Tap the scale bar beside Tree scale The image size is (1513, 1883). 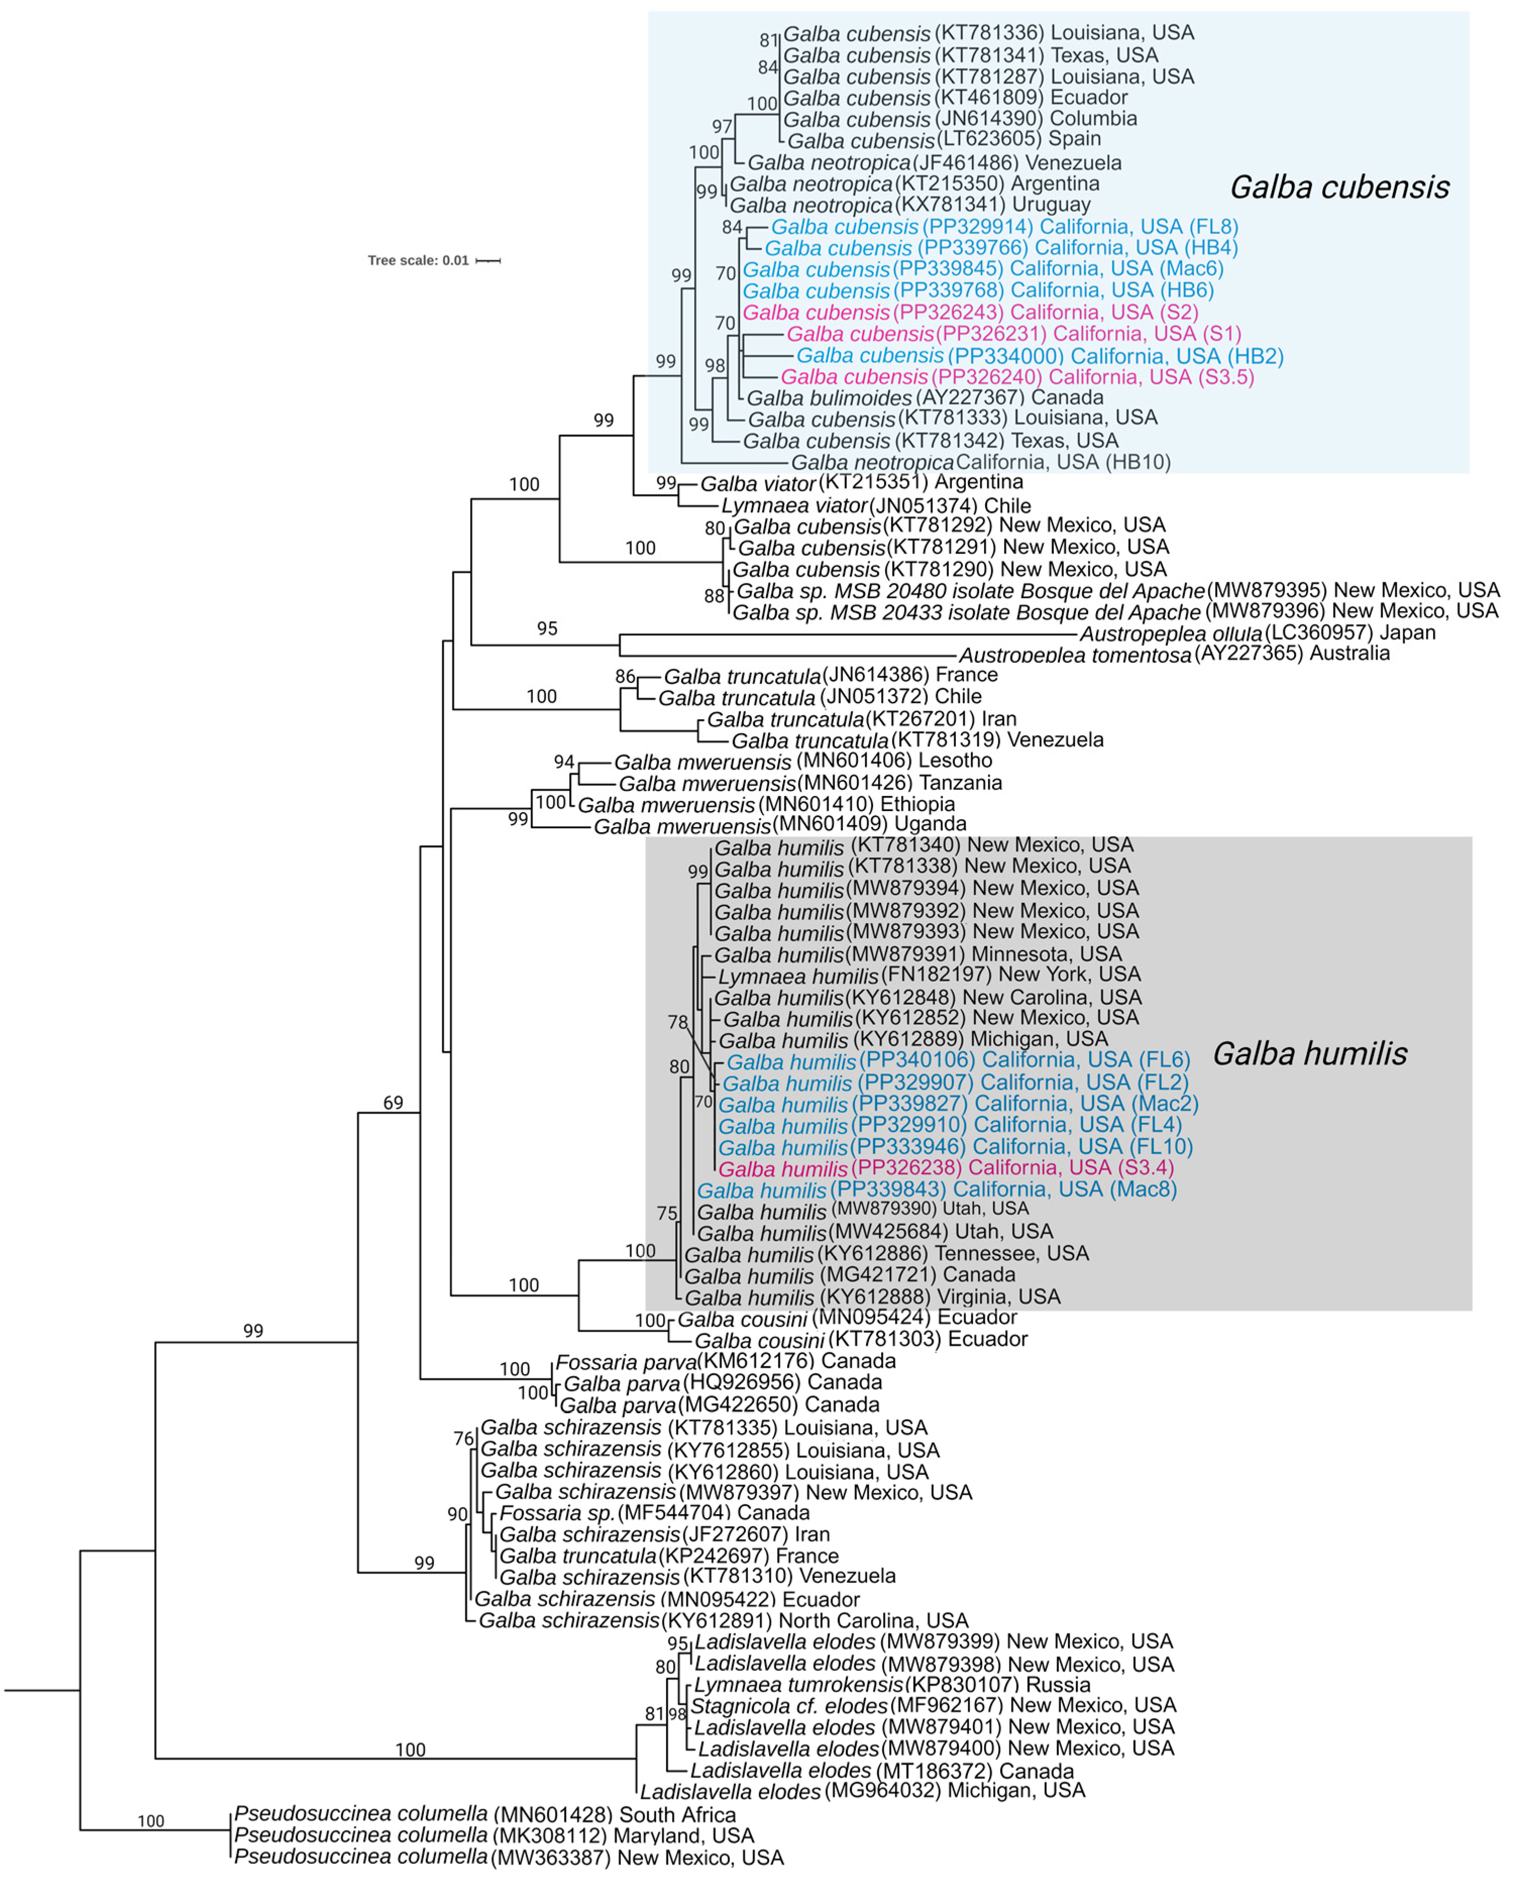(489, 260)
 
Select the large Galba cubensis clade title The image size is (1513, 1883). (1339, 187)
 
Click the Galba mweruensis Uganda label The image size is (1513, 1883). (779, 825)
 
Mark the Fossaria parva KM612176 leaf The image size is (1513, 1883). (725, 1361)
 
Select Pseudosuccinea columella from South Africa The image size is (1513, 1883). (485, 1815)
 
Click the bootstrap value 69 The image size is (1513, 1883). (393, 1103)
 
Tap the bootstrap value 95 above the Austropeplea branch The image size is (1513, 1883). (547, 628)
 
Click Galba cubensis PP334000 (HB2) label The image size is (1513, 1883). (1040, 356)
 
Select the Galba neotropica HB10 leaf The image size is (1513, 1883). (980, 462)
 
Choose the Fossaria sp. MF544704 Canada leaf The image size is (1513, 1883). (654, 1513)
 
